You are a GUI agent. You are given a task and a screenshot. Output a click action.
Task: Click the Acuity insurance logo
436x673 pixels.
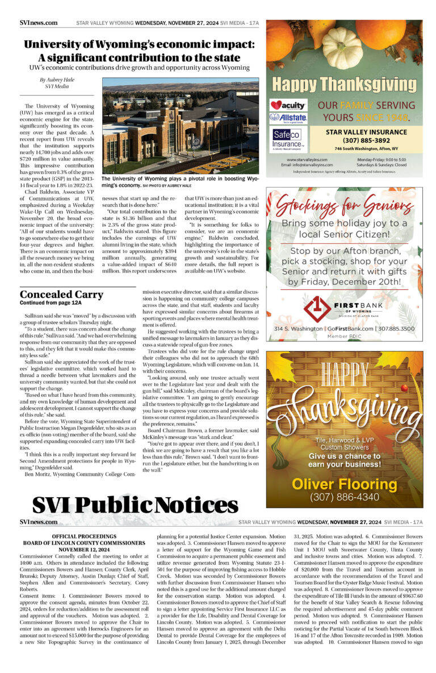pyautogui.click(x=288, y=105)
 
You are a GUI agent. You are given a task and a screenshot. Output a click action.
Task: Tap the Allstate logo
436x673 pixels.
pyautogui.click(x=288, y=118)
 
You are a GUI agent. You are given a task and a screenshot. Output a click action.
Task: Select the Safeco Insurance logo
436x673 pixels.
pyautogui.click(x=288, y=138)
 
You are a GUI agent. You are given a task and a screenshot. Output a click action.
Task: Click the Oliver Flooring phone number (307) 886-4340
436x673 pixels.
pyautogui.click(x=345, y=497)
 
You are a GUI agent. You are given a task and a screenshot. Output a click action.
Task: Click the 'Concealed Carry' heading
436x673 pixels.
pyautogui.click(x=61, y=294)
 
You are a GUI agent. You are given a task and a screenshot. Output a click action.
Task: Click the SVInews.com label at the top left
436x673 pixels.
pyautogui.click(x=38, y=23)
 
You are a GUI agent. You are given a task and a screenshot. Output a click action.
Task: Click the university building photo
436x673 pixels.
pyautogui.click(x=180, y=126)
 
